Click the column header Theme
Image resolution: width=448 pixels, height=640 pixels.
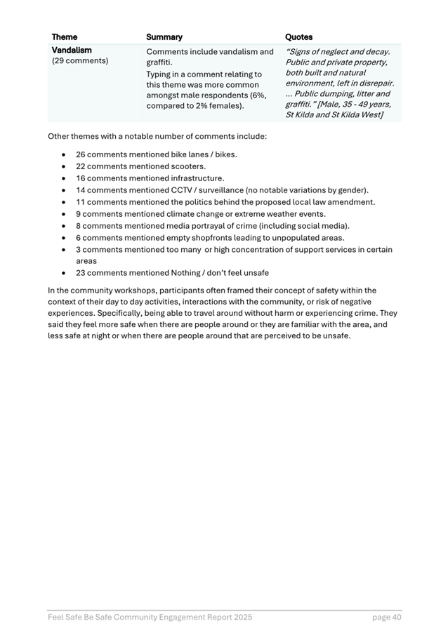(65, 37)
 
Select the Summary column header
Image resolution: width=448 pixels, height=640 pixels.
(164, 37)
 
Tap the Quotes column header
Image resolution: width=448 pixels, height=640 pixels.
(299, 37)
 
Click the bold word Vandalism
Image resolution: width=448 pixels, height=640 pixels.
(72, 51)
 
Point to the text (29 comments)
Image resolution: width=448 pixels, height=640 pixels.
(80, 61)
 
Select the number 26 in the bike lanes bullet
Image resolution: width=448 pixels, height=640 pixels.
(81, 154)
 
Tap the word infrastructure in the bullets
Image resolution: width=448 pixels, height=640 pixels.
(194, 178)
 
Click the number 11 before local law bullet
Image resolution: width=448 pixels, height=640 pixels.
(81, 202)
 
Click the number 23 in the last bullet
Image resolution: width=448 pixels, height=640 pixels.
(81, 273)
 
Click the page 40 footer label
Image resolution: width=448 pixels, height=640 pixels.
(387, 618)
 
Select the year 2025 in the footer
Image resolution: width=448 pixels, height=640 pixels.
(241, 618)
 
